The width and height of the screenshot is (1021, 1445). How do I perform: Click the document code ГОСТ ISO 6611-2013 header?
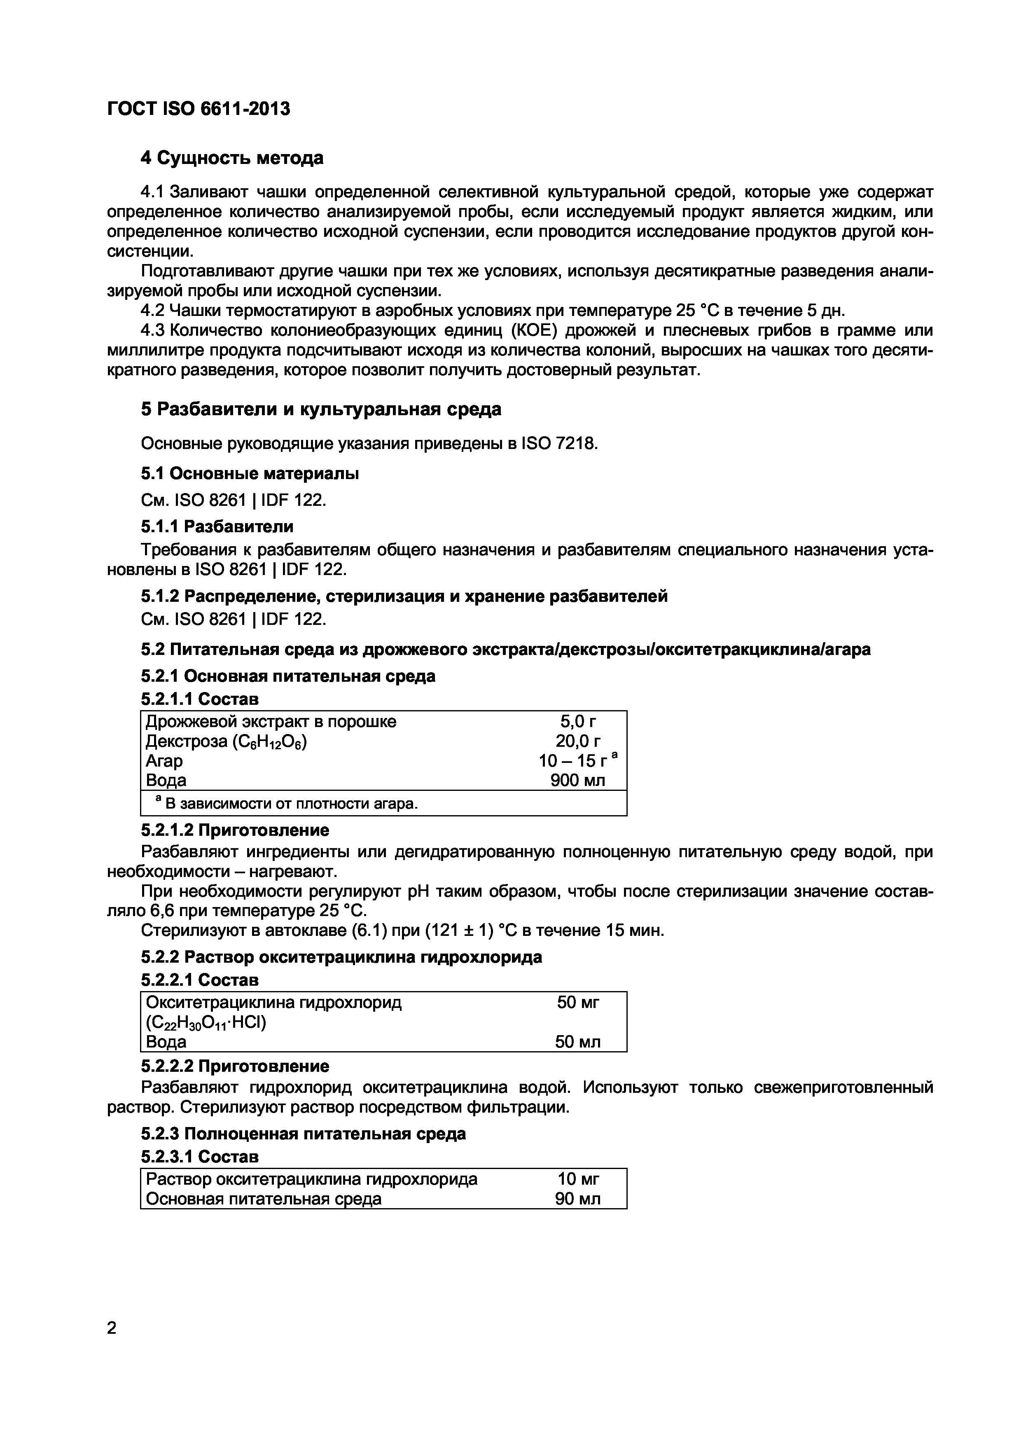(x=199, y=109)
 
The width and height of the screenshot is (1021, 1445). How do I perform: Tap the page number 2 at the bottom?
(x=112, y=1328)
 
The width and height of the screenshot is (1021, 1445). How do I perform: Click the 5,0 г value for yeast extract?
(x=577, y=721)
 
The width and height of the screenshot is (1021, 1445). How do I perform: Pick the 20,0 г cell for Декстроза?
(x=577, y=741)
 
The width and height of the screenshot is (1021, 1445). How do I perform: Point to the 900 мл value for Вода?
(x=577, y=781)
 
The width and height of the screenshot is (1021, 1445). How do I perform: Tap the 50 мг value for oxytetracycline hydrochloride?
(x=577, y=1002)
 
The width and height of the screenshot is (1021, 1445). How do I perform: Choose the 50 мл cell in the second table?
(x=577, y=1042)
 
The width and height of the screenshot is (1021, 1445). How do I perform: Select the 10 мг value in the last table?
(x=577, y=1179)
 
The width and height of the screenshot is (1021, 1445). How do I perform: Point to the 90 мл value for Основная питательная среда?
(x=577, y=1199)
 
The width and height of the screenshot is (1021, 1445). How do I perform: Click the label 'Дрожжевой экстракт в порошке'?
(x=271, y=721)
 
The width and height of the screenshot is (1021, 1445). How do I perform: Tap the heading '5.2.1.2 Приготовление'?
(x=235, y=830)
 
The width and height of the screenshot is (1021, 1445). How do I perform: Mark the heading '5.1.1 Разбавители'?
(x=217, y=526)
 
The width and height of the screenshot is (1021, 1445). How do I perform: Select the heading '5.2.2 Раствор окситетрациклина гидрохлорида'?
(x=341, y=957)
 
